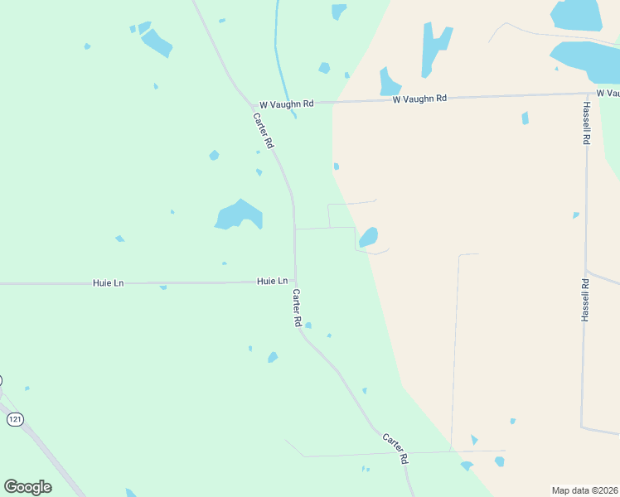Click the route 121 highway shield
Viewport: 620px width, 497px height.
tap(15, 420)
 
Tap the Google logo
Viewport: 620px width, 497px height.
tap(27, 487)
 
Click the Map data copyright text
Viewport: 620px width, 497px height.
tap(585, 490)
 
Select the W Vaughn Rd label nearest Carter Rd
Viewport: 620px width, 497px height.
tap(287, 104)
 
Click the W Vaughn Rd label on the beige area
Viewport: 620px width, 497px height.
tap(419, 99)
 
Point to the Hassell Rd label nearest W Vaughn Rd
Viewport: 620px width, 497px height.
tap(586, 123)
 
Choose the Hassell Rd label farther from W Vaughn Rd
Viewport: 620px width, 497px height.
tap(585, 300)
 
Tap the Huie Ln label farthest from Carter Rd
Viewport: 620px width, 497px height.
tap(108, 283)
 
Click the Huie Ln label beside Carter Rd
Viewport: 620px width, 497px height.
tap(272, 282)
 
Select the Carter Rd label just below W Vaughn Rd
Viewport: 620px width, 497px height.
tap(264, 130)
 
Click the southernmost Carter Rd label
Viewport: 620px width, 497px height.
tap(396, 448)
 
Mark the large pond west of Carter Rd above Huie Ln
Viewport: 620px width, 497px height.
tap(240, 215)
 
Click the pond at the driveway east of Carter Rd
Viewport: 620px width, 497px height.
tap(368, 237)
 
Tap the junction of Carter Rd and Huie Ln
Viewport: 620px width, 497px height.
tap(295, 282)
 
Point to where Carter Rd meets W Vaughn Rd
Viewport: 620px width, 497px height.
tap(254, 104)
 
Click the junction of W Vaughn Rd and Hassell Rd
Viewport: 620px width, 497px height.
tap(588, 94)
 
